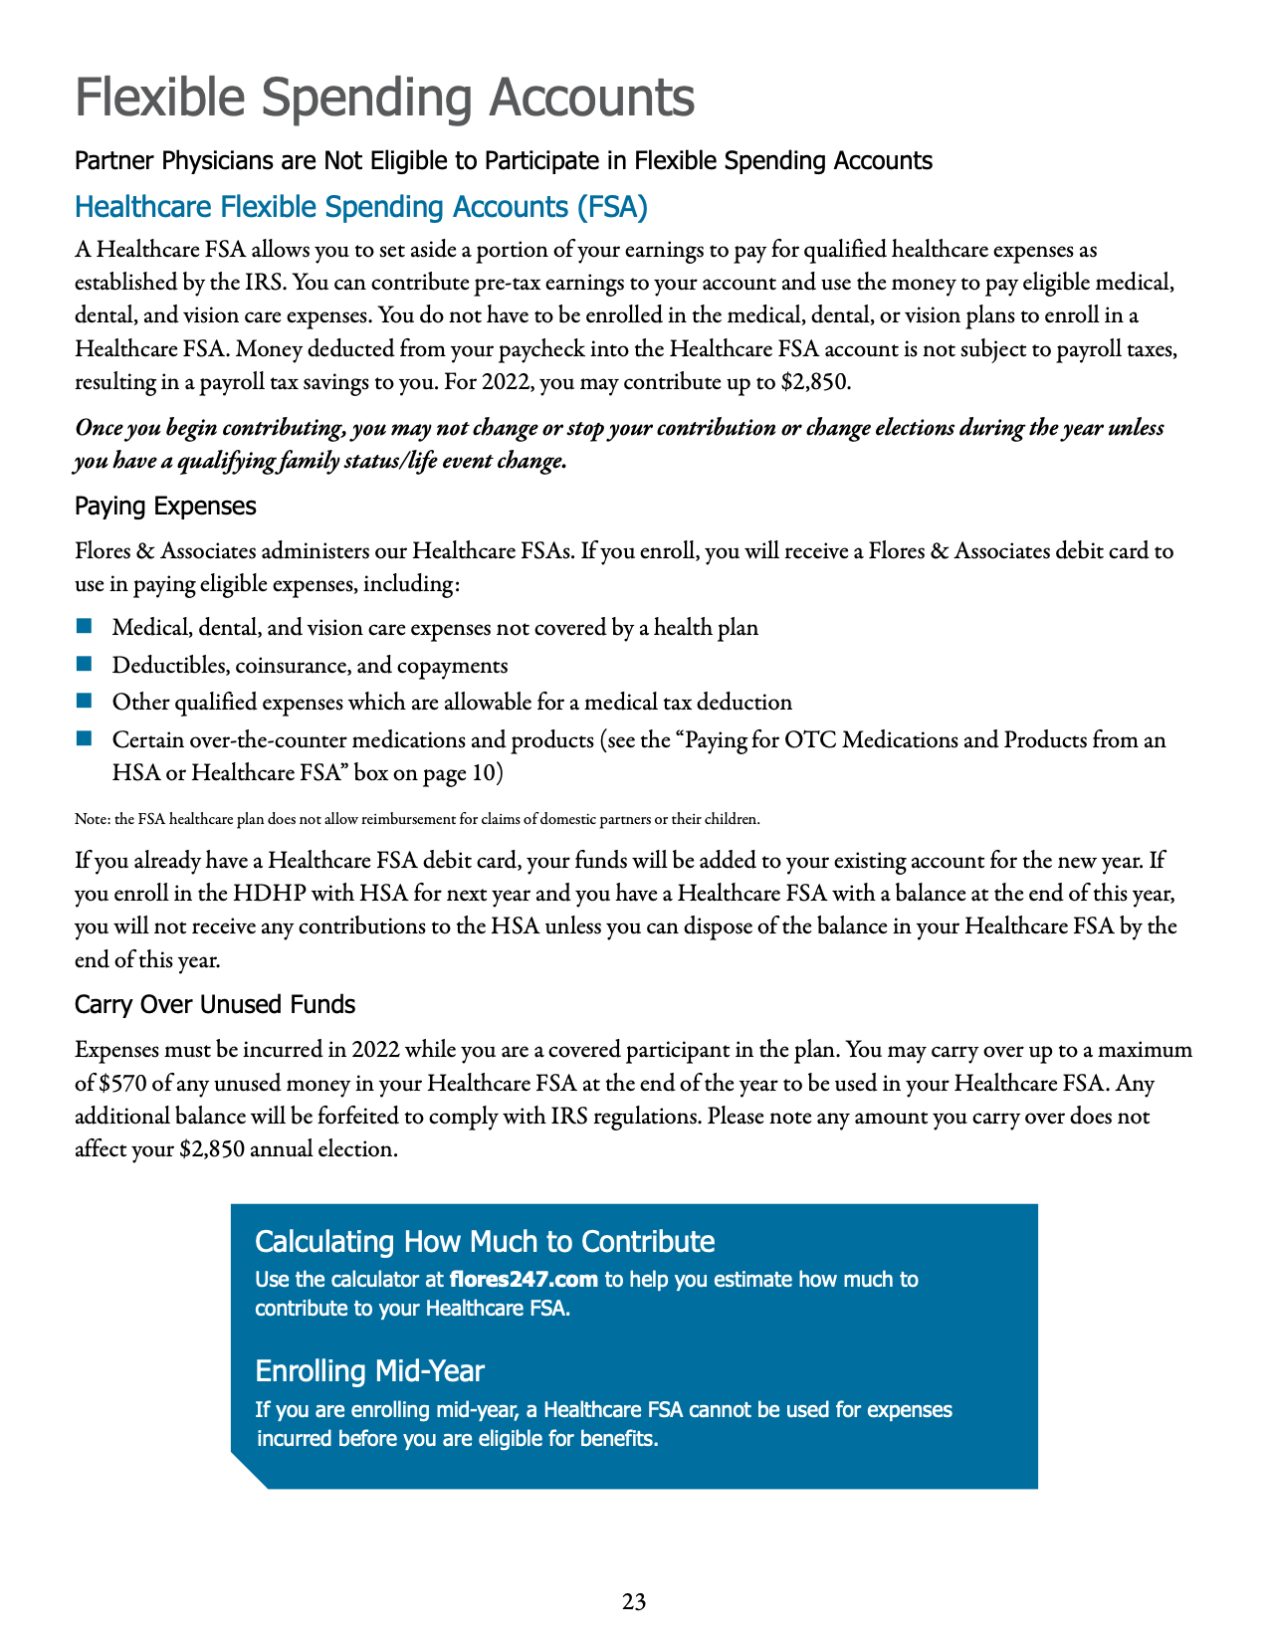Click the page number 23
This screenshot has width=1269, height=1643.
(634, 1602)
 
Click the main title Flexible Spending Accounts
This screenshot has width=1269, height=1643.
(384, 98)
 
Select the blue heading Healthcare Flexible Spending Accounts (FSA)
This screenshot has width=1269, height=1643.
(361, 207)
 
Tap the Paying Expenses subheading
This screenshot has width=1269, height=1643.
(165, 507)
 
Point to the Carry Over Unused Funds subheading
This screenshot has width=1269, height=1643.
(215, 1005)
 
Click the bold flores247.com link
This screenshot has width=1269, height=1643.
(524, 1279)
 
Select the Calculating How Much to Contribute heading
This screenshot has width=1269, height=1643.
(485, 1241)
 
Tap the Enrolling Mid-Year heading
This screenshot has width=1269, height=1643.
(369, 1371)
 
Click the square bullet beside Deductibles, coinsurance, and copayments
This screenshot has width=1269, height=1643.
(84, 664)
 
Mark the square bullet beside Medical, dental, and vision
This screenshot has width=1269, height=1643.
(84, 627)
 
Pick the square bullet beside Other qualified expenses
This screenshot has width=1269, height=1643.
(84, 702)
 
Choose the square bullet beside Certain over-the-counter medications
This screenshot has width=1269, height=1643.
(84, 738)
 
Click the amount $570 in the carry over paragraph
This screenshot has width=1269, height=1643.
(124, 1083)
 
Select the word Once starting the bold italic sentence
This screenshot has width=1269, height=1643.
(99, 429)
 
